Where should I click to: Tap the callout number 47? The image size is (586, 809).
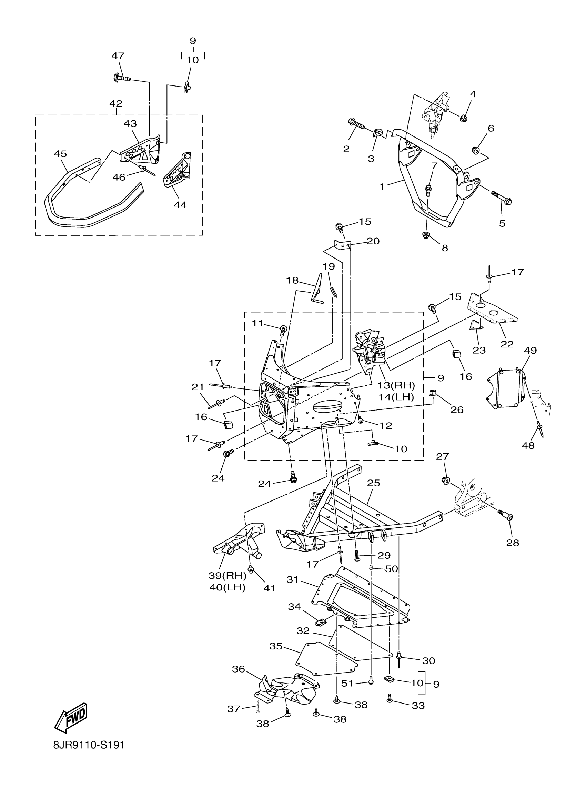point(118,56)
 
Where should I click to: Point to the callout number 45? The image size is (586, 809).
point(60,154)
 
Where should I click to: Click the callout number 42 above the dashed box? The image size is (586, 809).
point(116,104)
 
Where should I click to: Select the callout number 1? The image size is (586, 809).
point(382,186)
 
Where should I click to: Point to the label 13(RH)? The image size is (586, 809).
point(396,385)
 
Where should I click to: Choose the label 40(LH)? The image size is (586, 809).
point(227,587)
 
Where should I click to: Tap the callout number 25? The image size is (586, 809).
point(373,483)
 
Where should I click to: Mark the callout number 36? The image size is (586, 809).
point(239,669)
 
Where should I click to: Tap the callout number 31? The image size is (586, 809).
point(292,580)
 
